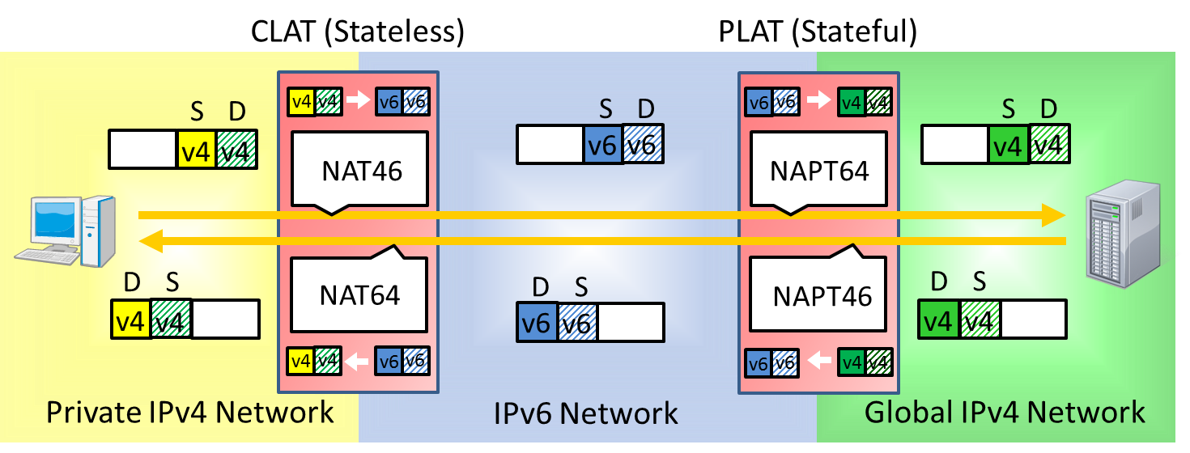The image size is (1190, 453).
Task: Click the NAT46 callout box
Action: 361,171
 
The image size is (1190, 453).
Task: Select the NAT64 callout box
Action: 359,294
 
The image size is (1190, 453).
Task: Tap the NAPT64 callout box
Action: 820,171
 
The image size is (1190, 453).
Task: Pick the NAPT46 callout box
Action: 822,295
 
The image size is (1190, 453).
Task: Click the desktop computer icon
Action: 65,231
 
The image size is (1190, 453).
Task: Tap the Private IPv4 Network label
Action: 189,412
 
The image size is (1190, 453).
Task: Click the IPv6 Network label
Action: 585,413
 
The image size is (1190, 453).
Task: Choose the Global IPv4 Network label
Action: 1005,412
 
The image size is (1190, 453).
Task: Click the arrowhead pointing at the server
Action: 1052,215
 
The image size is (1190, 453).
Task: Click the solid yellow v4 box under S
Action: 197,149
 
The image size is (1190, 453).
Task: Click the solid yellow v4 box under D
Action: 130,320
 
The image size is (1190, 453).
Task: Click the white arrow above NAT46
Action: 355,102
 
